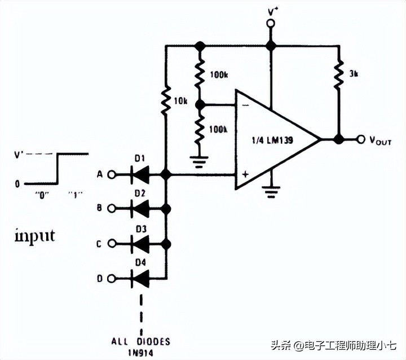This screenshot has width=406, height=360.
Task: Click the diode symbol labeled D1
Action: (x=139, y=175)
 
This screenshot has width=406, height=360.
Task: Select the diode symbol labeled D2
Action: (x=139, y=209)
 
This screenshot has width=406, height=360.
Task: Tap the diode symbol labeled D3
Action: (x=139, y=244)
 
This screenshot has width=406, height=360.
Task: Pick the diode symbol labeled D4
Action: (x=139, y=278)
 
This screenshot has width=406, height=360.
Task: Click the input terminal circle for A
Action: (x=112, y=175)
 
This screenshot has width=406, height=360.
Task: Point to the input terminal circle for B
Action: (x=112, y=209)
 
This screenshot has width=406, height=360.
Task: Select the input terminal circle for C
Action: (x=112, y=244)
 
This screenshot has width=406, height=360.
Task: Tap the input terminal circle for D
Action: (x=112, y=278)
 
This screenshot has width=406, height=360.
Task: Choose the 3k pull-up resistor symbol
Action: (x=338, y=73)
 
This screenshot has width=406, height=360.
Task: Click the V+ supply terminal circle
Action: (x=271, y=23)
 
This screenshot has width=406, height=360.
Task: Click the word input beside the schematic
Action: (x=34, y=235)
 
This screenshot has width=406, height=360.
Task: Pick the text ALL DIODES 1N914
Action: (x=141, y=346)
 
